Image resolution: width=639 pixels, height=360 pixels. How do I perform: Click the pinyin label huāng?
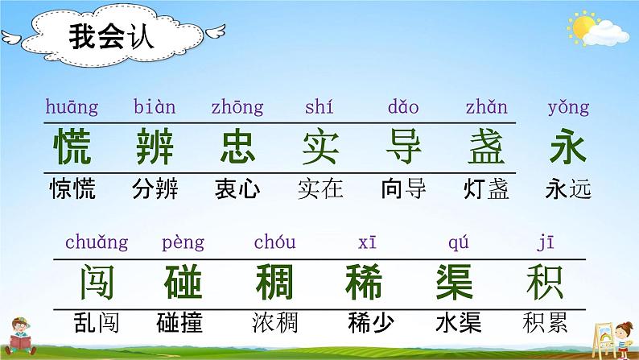(x=72, y=107)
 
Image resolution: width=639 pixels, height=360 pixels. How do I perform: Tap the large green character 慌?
(x=72, y=147)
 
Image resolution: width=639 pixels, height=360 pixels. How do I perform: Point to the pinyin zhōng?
(x=237, y=107)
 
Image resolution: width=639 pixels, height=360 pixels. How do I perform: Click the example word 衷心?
(x=237, y=189)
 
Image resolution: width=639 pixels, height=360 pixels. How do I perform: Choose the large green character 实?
(x=320, y=147)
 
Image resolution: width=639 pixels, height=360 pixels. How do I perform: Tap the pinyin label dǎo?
(x=402, y=107)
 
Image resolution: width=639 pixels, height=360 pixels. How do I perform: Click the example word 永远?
(x=567, y=189)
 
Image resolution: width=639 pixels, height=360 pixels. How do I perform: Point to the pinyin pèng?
(x=183, y=242)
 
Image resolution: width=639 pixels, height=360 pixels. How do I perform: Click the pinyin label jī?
(x=544, y=242)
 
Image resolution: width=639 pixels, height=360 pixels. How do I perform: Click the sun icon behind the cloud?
(x=580, y=27)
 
